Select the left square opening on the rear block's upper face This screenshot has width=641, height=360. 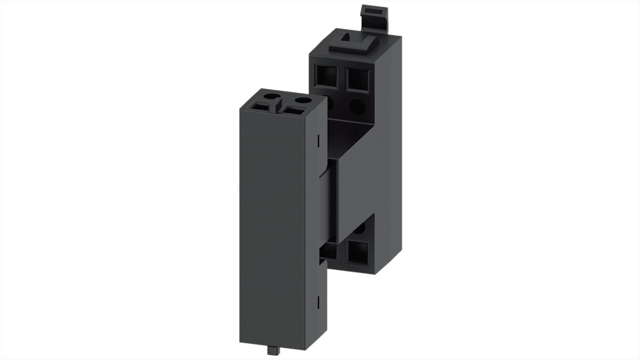(328, 77)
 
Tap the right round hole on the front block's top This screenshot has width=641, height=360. (304, 100)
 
